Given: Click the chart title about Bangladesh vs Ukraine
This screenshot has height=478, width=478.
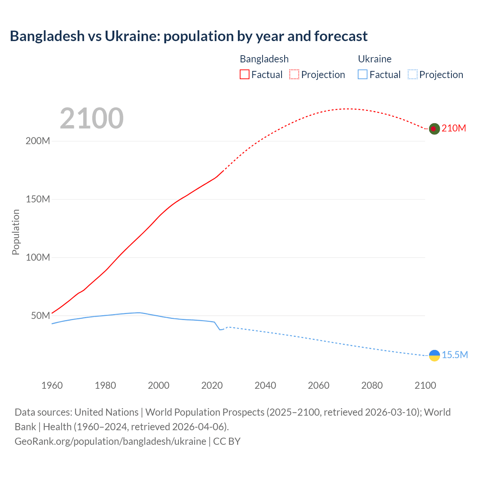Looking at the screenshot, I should coord(189,36).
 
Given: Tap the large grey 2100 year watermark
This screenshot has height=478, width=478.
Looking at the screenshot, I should coord(91,118).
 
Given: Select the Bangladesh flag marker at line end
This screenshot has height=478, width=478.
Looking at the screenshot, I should coord(434,129).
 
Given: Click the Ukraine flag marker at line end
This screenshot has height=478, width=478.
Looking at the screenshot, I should coord(434,356).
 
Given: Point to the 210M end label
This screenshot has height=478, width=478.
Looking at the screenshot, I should coord(454,128).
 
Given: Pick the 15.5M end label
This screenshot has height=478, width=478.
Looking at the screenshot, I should coord(454,355).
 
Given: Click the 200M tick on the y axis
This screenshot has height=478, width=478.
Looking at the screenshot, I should coord(38,141).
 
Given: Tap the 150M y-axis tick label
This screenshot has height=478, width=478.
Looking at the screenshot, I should coord(38,199).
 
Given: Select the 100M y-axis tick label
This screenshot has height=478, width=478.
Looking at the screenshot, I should coord(38,258).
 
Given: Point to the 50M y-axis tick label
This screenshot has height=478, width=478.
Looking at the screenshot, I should coord(40,316).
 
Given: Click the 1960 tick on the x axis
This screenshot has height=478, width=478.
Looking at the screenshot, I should coord(52,386).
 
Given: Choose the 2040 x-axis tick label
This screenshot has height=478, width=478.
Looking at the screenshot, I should coord(265,386).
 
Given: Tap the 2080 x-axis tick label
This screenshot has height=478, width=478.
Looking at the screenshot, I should coord(372,386).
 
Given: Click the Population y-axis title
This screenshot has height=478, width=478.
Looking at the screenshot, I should coord(16,232).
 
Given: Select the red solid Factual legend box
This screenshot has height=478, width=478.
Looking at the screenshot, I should coord(244,75).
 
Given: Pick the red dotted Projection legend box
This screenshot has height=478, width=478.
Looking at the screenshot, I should coord(294,75).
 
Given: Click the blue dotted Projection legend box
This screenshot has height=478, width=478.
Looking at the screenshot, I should coord(412,75).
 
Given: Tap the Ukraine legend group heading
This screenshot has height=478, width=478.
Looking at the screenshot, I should coord(375,59).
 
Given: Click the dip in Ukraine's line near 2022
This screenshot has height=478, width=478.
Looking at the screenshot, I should coord(220,329).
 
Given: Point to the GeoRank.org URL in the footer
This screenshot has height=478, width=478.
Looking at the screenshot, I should coord(110,441).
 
